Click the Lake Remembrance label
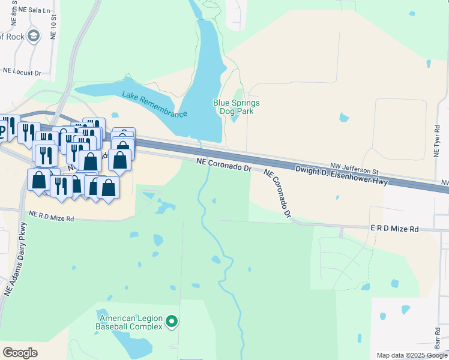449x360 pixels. pyautogui.click(x=155, y=104)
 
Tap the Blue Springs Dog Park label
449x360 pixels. pyautogui.click(x=237, y=107)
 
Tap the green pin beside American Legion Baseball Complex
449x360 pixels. pyautogui.click(x=172, y=322)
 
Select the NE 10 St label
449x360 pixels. pyautogui.click(x=53, y=27)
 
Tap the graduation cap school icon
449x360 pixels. pyautogui.click(x=32, y=35)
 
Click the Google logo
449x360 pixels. pyautogui.click(x=20, y=352)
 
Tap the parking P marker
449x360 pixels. pyautogui.click(x=2, y=128)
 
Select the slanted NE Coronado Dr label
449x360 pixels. pyautogui.click(x=278, y=193)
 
